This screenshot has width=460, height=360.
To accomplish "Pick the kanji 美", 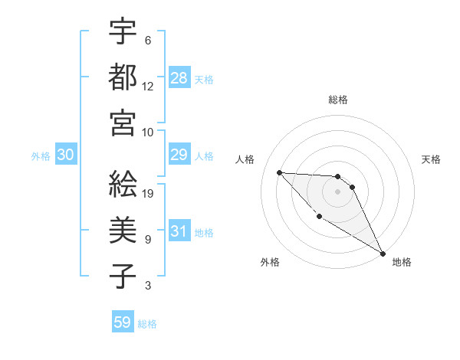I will [123, 230].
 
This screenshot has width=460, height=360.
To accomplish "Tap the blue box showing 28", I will [179, 78].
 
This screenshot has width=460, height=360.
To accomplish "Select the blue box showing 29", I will [179, 155].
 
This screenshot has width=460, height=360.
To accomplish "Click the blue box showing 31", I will [179, 232].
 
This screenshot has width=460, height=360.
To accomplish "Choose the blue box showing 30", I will [66, 155].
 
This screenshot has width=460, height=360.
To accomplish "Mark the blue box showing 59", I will [123, 322].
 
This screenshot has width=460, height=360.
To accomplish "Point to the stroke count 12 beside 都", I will [148, 86].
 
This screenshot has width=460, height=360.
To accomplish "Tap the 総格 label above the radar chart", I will [338, 100].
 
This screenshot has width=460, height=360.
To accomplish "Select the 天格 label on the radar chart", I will [431, 159].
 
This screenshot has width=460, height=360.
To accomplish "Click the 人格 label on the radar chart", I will [245, 159].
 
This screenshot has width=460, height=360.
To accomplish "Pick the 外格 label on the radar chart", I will [270, 262].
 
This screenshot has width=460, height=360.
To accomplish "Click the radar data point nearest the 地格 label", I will [383, 254].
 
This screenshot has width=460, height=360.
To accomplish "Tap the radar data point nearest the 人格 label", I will [279, 172].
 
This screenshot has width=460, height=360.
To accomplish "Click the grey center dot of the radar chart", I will [338, 191].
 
